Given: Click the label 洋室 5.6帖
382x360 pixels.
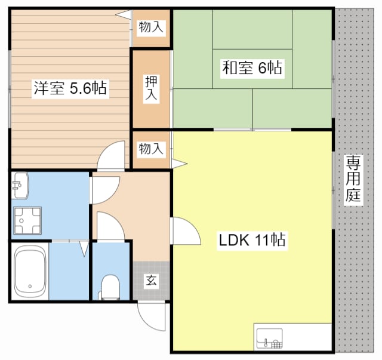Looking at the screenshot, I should coord(70,89).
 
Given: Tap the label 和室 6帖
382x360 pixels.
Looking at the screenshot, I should coord(252,67).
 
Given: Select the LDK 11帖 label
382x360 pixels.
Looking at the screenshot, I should coord(252,241).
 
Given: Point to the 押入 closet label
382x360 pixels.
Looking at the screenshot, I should coord(152,88).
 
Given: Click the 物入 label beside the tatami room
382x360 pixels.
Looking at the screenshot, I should coord(151,26).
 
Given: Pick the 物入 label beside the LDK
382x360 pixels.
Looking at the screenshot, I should coord(151,149).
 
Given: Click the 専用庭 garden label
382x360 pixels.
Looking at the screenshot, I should coord(354,179).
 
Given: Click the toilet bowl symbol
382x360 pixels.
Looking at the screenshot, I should coord(110,285).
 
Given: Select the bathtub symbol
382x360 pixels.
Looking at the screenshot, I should coord(30,272).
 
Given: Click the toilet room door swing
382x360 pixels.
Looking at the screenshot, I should coord(109,227).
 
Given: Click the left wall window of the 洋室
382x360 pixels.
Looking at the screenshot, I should coord(10,88).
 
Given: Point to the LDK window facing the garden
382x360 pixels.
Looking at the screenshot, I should coord(332,188).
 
